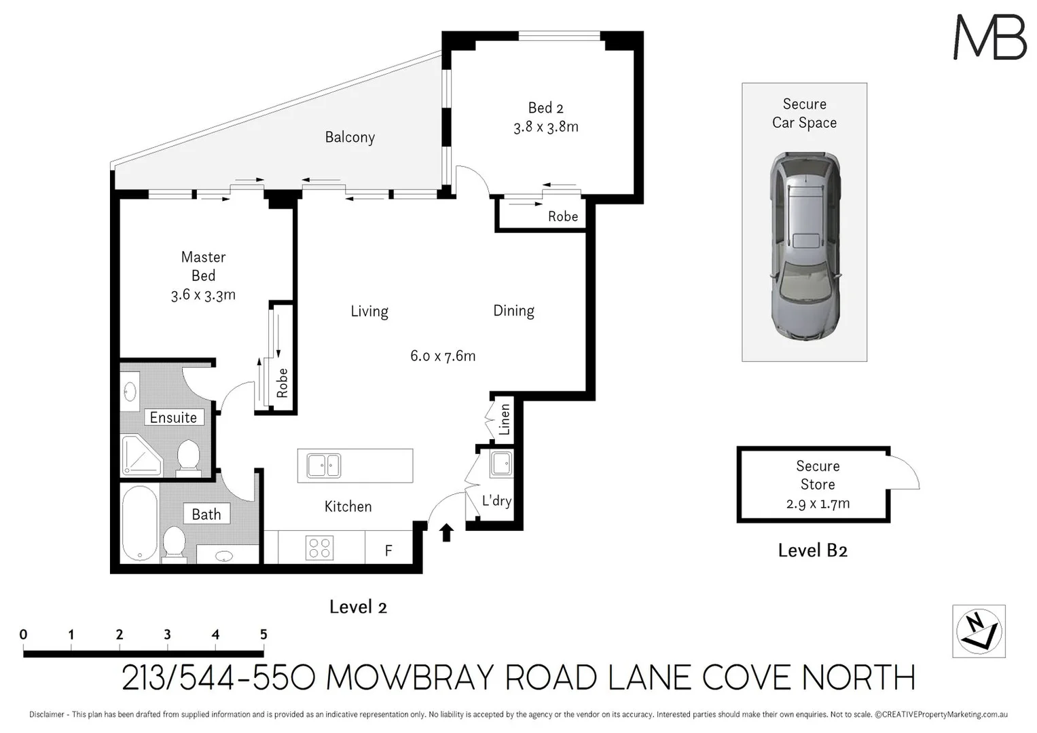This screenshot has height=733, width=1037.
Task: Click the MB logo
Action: [x=989, y=38]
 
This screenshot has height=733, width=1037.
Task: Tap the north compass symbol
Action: [x=979, y=631]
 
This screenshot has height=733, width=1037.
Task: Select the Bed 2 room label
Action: [x=546, y=108]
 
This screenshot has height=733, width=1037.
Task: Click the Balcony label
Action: [x=350, y=137]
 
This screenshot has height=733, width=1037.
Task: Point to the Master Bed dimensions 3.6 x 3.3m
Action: [x=203, y=295]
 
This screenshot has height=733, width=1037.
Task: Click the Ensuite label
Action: [x=173, y=417]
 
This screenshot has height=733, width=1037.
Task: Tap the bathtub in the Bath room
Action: [x=140, y=523]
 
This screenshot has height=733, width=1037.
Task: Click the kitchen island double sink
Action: [x=324, y=466]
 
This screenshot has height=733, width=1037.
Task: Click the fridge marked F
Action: [x=388, y=550]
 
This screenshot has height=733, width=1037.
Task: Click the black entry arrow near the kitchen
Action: [x=446, y=533]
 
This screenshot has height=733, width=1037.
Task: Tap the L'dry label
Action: [x=496, y=501]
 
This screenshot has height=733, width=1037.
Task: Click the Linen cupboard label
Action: [x=504, y=419]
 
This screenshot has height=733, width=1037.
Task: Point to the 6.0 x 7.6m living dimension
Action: [x=443, y=356]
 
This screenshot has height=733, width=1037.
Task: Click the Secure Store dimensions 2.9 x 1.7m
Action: [x=818, y=504]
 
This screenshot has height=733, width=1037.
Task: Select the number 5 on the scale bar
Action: [x=263, y=635]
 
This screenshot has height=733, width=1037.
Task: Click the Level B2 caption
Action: [x=812, y=550]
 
